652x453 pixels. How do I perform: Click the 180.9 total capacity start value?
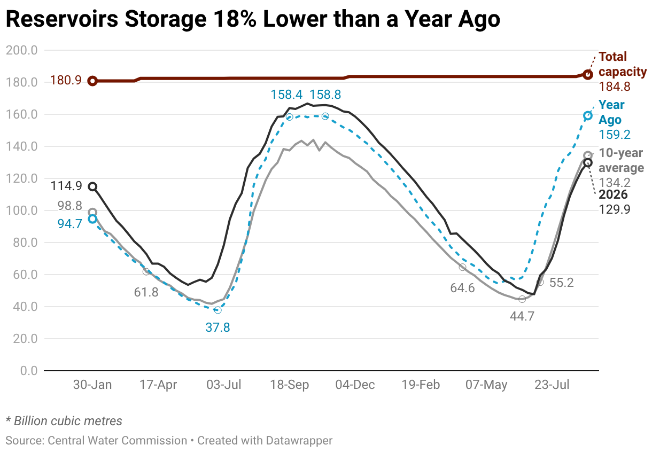[x=66, y=80]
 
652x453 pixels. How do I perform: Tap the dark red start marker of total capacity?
[x=92, y=81]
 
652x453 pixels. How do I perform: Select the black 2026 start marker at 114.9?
[x=92, y=187]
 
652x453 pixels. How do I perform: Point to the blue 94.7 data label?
[x=70, y=224]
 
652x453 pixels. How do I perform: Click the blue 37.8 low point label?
[x=218, y=327]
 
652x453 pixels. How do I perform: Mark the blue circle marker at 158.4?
[x=289, y=117]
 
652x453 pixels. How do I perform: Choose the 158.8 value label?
[x=325, y=95]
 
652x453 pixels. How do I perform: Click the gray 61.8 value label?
[x=146, y=292]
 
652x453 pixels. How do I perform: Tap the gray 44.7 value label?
[x=522, y=316]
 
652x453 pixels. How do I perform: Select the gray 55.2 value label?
[x=562, y=283]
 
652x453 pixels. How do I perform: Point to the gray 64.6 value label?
[x=462, y=288]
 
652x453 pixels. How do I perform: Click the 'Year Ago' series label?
[x=611, y=112]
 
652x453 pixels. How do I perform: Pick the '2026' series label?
[x=613, y=194]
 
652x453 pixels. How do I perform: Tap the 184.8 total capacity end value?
[x=615, y=87]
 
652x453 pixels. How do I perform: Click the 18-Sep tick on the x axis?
[x=289, y=385]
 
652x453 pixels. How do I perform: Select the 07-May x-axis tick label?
[x=486, y=385]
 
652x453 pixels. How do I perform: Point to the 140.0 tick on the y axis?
[x=22, y=146]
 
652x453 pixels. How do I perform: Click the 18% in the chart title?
[x=235, y=19]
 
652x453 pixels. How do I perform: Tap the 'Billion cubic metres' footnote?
[x=68, y=421]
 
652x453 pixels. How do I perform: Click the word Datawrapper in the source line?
[x=299, y=441]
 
